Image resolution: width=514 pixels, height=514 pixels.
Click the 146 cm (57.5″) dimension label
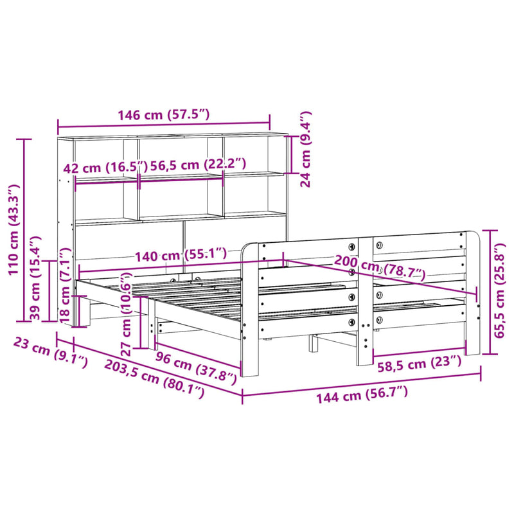[x=164, y=116]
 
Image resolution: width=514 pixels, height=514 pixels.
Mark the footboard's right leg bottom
[x=472, y=350]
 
